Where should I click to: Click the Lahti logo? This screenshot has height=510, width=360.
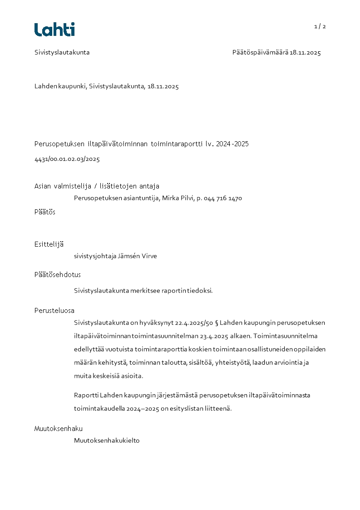tap(54, 30)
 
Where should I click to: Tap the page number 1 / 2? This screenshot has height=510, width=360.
tap(320, 26)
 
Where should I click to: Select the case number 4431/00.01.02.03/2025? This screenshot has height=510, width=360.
tap(67, 159)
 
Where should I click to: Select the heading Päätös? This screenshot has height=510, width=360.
tap(45, 212)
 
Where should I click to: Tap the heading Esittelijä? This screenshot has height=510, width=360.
tap(49, 244)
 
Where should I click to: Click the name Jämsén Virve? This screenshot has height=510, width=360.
tap(138, 256)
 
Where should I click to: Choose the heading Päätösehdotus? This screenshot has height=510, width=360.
tap(58, 275)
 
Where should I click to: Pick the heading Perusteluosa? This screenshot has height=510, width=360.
tap(54, 311)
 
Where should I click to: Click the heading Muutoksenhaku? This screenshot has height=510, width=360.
tap(59, 429)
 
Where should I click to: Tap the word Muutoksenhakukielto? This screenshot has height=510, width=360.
tap(107, 441)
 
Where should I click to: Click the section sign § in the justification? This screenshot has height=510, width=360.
tap(216, 323)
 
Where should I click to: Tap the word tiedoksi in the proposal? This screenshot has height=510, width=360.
tap(200, 291)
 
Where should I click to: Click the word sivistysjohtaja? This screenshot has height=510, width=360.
tap(95, 256)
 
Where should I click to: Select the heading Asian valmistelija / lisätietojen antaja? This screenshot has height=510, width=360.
tap(97, 186)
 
